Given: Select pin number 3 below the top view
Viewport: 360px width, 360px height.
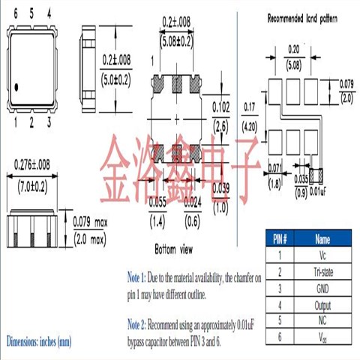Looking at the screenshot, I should coord(49,122).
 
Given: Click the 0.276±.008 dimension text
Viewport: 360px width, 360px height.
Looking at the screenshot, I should coord(33,163).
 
